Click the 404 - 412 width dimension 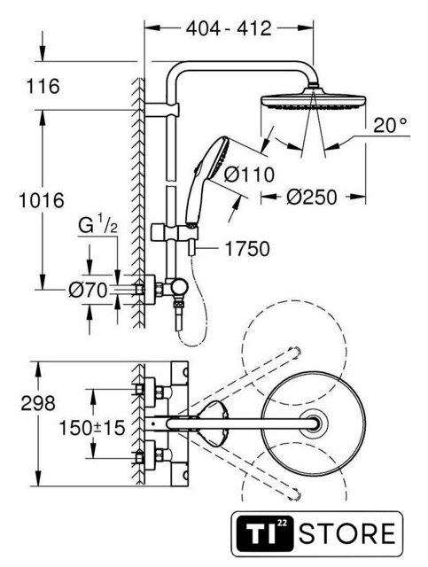pos(229,28)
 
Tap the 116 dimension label pos(43,87)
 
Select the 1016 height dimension pos(42,200)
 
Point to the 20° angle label pos(390,125)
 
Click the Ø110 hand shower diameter pos(249,175)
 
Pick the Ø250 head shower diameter pos(312,197)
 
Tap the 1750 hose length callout pos(247,248)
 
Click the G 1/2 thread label pos(97,227)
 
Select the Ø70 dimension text pos(89,290)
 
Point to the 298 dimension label pos(38,403)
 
